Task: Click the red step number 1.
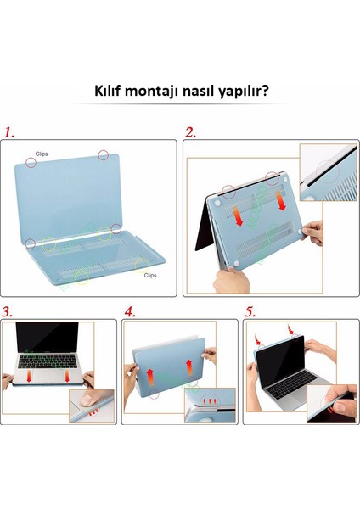click(x=10, y=133)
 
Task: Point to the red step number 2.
click(x=191, y=133)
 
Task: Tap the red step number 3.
click(x=8, y=312)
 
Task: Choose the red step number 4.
click(x=130, y=312)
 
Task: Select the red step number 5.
click(x=250, y=312)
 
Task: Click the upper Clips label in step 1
click(x=42, y=155)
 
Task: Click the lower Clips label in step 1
click(x=150, y=275)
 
